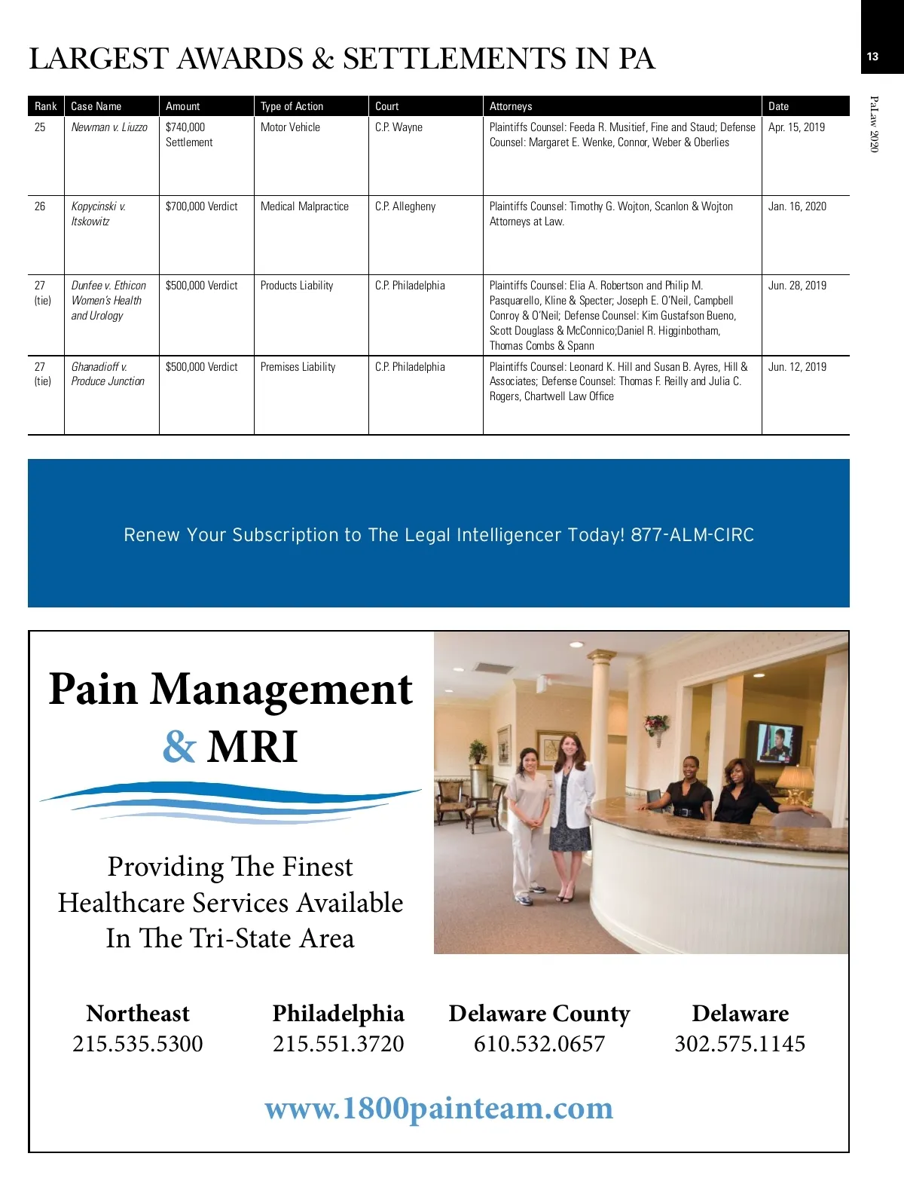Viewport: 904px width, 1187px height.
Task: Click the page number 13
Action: pyautogui.click(x=872, y=57)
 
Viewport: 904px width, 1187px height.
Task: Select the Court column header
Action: pyautogui.click(x=387, y=106)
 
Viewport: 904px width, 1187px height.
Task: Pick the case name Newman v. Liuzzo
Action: pyautogui.click(x=109, y=127)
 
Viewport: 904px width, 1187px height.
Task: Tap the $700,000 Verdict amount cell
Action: pyautogui.click(x=201, y=207)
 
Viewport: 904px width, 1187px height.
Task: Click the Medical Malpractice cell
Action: pyautogui.click(x=304, y=207)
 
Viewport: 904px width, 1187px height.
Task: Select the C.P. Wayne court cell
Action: pyautogui.click(x=399, y=127)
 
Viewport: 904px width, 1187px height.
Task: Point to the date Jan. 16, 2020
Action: pyautogui.click(x=797, y=207)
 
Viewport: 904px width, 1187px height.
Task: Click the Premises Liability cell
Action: pyautogui.click(x=298, y=367)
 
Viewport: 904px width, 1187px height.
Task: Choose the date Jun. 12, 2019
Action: pyautogui.click(x=797, y=367)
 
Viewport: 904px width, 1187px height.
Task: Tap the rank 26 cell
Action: pyautogui.click(x=40, y=207)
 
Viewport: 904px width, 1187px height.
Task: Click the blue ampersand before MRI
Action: pyautogui.click(x=179, y=747)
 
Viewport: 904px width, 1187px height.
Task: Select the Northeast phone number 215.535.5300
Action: pyautogui.click(x=138, y=1044)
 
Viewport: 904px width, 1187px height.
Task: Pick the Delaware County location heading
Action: pyautogui.click(x=539, y=1014)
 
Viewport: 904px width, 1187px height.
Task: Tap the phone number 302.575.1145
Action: pyautogui.click(x=740, y=1044)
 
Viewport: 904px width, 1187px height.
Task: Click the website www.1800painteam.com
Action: pyautogui.click(x=439, y=1109)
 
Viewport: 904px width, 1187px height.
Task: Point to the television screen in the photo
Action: pyautogui.click(x=774, y=742)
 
